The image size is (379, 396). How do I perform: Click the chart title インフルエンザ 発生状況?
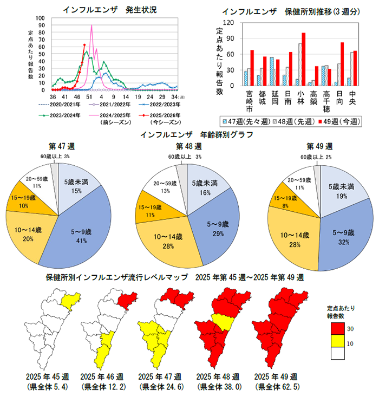(x=102, y=9)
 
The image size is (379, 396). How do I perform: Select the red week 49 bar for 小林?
(x=304, y=59)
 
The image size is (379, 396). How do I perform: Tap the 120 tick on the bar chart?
(x=231, y=23)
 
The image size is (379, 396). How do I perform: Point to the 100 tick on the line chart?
(x=42, y=18)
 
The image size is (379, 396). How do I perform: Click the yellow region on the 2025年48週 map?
(x=222, y=322)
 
